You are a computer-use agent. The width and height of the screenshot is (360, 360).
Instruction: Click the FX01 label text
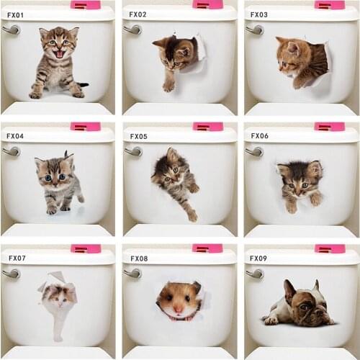tap(16, 14)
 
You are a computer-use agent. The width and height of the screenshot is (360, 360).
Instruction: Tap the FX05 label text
tap(138, 136)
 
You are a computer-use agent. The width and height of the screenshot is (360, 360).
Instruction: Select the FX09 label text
tap(258, 258)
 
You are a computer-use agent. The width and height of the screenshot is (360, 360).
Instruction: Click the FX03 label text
tap(258, 14)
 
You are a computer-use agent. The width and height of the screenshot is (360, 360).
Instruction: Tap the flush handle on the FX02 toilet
tap(132, 30)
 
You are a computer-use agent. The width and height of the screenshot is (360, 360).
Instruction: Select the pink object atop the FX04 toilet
tap(85, 127)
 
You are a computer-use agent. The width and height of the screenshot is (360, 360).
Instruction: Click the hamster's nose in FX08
tap(177, 310)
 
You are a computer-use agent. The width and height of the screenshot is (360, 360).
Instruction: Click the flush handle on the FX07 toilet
tap(11, 273)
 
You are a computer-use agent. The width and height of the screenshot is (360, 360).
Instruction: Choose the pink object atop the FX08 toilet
tap(207, 248)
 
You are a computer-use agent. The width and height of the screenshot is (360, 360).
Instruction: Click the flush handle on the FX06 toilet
tap(254, 151)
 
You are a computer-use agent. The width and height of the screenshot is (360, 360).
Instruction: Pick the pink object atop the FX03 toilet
tap(330, 5)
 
